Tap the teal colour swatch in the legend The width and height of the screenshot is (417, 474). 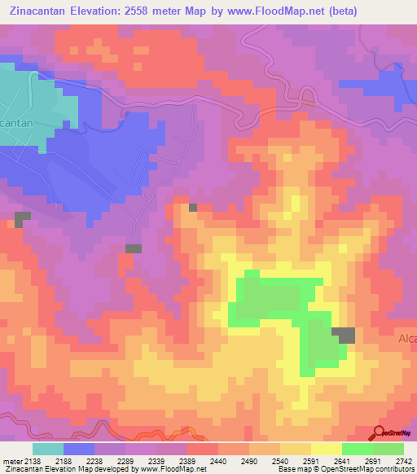pyautogui.click(x=48, y=449)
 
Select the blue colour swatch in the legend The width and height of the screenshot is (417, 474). pyautogui.click(x=79, y=449)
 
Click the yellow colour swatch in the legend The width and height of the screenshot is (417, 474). pyautogui.click(x=327, y=449)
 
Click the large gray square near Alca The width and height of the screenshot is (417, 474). pyautogui.click(x=344, y=336)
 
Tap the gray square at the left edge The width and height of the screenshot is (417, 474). pyautogui.click(x=23, y=219)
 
